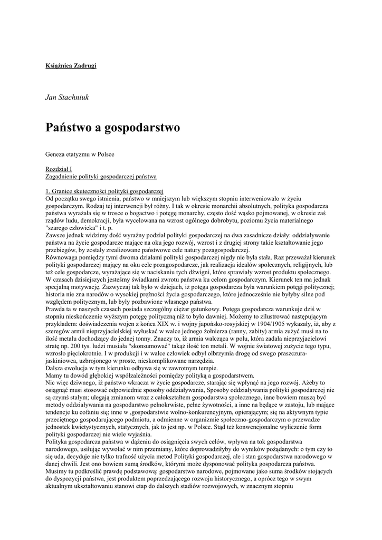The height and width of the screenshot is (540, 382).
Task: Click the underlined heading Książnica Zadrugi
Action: tap(71, 65)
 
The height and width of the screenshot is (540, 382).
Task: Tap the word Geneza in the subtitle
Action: tap(56, 154)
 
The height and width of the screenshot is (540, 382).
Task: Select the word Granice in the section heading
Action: tap(63, 190)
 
